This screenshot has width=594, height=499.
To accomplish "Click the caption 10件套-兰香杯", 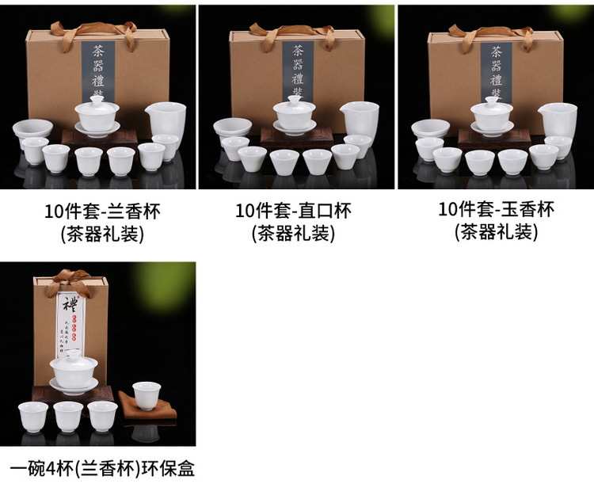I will click(x=97, y=212).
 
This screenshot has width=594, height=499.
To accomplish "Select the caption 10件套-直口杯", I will click(x=293, y=211).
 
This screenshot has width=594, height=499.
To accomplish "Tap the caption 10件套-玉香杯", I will click(x=496, y=210).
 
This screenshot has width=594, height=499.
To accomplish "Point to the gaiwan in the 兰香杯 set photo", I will click(x=97, y=116).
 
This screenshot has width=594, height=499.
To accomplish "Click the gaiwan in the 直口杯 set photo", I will click(x=295, y=116).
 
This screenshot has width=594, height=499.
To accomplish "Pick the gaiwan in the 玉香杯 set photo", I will click(x=491, y=116).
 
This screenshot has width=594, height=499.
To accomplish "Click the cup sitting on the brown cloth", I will click(x=147, y=394).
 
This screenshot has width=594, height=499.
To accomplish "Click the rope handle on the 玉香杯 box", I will click(x=489, y=32).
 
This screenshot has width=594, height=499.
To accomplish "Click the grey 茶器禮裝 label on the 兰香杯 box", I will click(x=100, y=71).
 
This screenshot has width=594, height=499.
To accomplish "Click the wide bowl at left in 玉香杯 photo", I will click(x=430, y=128).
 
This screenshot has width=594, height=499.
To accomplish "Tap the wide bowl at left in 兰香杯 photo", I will click(x=32, y=128).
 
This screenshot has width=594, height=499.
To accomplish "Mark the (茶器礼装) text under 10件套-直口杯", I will click(x=293, y=234).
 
